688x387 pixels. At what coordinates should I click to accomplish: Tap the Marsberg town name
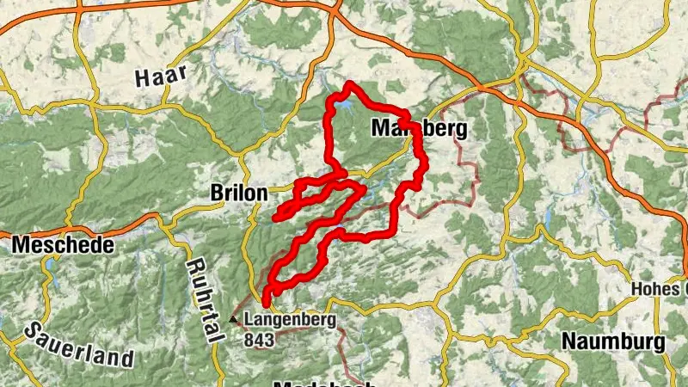(419, 129)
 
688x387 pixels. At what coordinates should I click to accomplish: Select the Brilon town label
(238, 194)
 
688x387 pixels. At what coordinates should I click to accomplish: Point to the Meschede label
(63, 246)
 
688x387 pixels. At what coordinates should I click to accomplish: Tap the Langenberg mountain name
(290, 320)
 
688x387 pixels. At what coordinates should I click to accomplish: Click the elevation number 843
(259, 340)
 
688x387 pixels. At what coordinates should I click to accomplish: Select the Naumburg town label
(613, 341)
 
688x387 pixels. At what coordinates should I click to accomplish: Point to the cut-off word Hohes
(659, 289)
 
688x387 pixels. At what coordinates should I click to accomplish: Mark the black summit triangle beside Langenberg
(234, 321)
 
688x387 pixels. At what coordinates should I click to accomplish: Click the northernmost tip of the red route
(349, 84)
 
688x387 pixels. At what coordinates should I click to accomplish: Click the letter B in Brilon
(217, 194)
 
